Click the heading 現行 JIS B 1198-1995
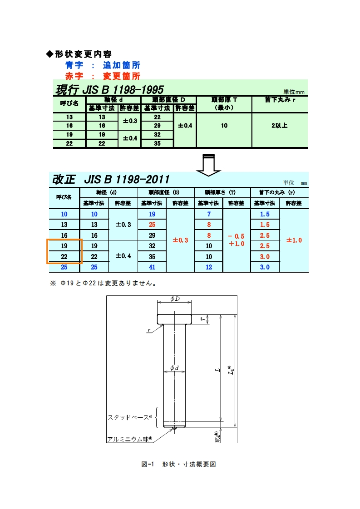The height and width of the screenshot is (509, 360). tap(109, 89)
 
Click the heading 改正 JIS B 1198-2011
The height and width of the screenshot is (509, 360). tap(111, 179)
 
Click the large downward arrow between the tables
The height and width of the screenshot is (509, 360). tap(208, 164)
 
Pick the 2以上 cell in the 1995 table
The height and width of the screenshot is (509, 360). tap(279, 126)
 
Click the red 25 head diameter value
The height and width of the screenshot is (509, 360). tap(152, 225)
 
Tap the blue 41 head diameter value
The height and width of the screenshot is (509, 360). tap(152, 267)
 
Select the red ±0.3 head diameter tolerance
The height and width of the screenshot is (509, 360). tap(180, 240)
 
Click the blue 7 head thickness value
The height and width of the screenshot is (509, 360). tap(209, 214)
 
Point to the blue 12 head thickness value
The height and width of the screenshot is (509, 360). tap(209, 267)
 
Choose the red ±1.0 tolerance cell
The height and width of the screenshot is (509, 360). tap(294, 240)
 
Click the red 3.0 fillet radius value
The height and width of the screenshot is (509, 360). tap(265, 256)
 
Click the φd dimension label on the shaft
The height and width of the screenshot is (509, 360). tap(174, 367)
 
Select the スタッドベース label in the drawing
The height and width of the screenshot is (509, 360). tap(128, 417)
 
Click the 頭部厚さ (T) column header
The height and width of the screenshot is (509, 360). tap(222, 192)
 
